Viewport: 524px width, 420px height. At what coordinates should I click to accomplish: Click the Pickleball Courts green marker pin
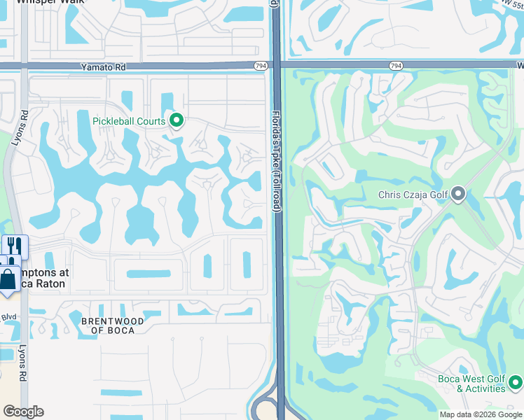177,121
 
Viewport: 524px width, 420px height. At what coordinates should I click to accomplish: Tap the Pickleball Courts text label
129,121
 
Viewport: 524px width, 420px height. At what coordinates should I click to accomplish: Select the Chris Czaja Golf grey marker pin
459,194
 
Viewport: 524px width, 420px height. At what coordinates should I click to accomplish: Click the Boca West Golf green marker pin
515,383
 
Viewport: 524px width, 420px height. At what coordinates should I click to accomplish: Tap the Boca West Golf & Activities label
471,384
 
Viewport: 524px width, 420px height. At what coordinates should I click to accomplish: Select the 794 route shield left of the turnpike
261,66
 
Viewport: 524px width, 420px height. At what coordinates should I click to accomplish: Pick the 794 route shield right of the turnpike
396,66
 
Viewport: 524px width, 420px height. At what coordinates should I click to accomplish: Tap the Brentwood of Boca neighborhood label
113,325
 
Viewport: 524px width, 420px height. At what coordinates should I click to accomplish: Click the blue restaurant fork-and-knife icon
13,245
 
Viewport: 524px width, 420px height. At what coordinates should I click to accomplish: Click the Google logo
23,412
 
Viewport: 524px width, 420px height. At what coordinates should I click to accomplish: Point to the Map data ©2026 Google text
479,414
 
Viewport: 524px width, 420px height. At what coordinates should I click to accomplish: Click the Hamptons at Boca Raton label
39,279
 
